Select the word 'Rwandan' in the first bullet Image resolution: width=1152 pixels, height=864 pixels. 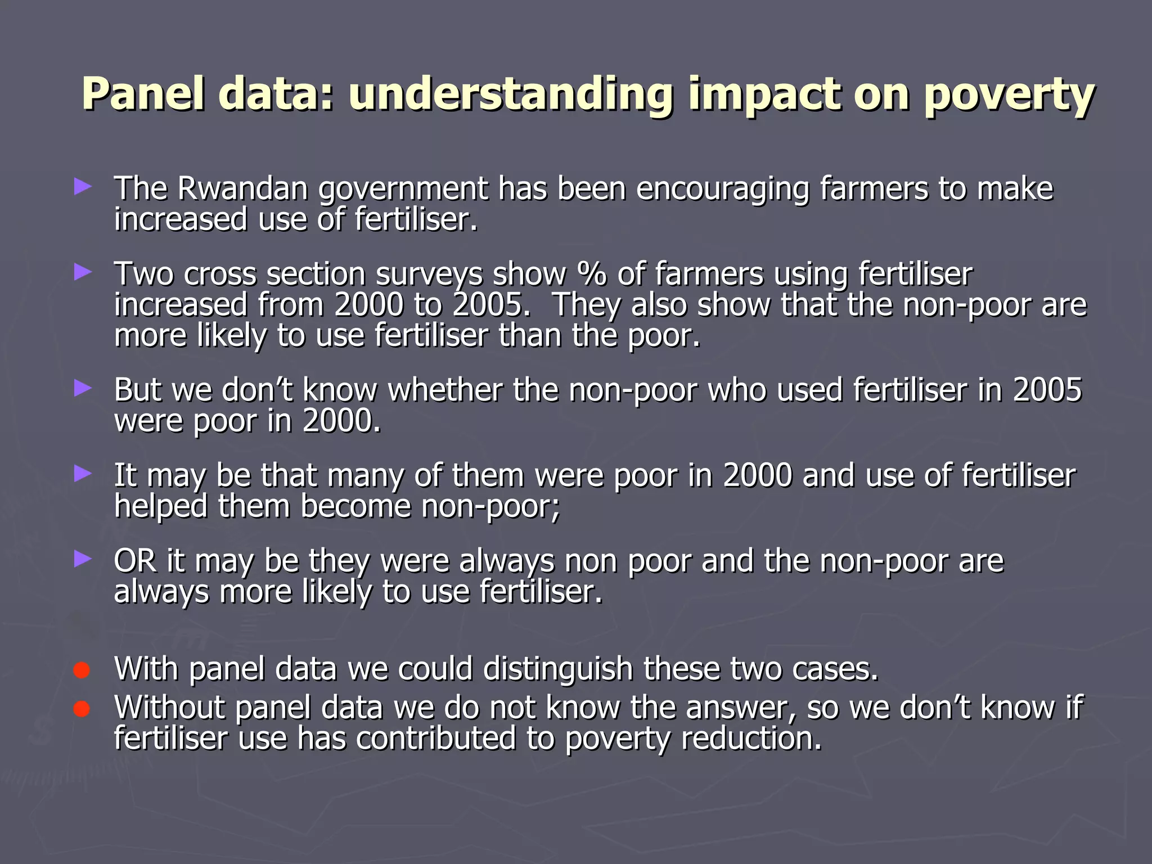click(242, 188)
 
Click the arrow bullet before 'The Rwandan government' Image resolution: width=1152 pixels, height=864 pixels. click(82, 187)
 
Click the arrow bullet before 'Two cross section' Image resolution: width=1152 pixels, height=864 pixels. click(82, 273)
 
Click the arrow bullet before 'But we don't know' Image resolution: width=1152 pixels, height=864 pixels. click(82, 388)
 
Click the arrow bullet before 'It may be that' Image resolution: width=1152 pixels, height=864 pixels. click(82, 474)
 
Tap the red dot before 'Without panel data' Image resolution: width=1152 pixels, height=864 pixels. click(82, 709)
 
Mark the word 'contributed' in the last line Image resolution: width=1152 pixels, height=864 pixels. click(436, 738)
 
